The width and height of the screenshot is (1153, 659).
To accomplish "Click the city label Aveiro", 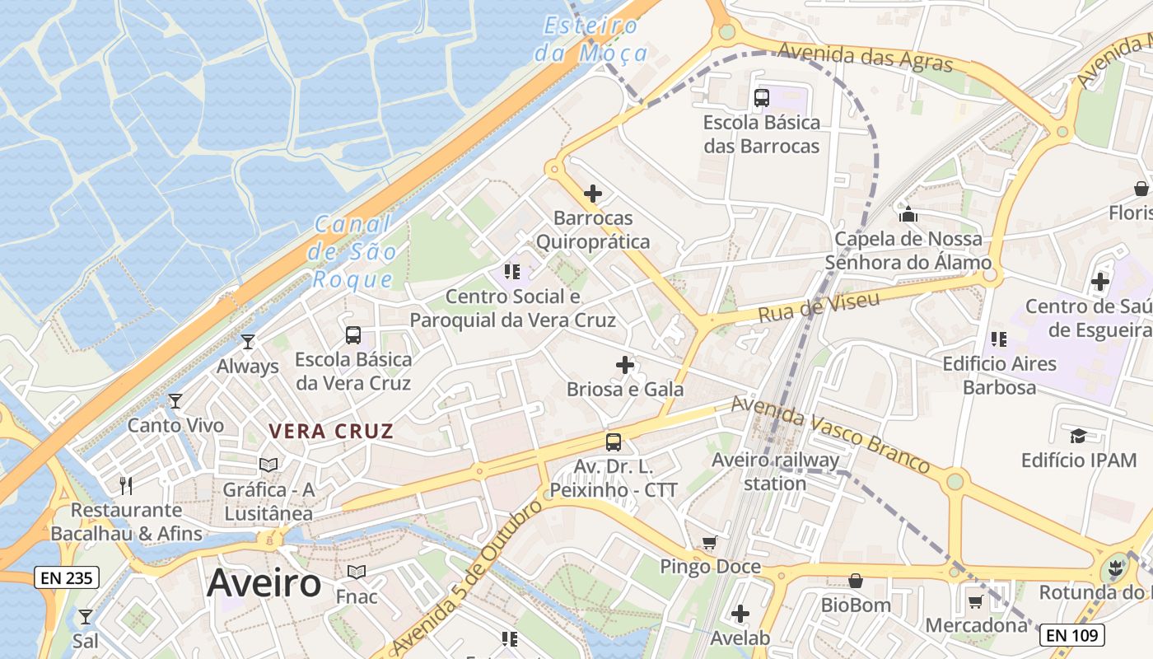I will [264, 583].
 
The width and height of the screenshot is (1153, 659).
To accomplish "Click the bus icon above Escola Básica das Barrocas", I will [762, 98].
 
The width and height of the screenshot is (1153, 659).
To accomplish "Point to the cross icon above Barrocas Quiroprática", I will [593, 194].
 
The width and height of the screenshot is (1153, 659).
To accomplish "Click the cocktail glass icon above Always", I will [248, 342].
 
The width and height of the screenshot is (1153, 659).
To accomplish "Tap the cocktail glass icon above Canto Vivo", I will [175, 401].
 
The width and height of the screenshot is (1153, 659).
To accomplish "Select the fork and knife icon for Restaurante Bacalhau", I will [126, 485].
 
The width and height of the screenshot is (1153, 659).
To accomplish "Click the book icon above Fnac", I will [357, 572].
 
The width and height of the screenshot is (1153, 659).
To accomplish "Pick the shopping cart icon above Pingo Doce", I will [709, 543].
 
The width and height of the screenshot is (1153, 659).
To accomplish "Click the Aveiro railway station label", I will [775, 472].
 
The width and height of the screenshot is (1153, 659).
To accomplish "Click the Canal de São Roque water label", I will [352, 251].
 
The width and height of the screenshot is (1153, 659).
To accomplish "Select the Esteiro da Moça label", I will [591, 40].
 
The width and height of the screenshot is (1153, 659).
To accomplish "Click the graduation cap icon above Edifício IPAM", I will [1078, 436].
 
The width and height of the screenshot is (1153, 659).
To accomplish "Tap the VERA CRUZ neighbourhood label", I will [331, 431].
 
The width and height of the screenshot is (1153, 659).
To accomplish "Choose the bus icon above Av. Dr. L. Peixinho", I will [614, 442].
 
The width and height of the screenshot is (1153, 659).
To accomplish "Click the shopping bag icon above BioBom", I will [856, 581].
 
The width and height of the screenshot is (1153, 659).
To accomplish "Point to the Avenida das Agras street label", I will [865, 58].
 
